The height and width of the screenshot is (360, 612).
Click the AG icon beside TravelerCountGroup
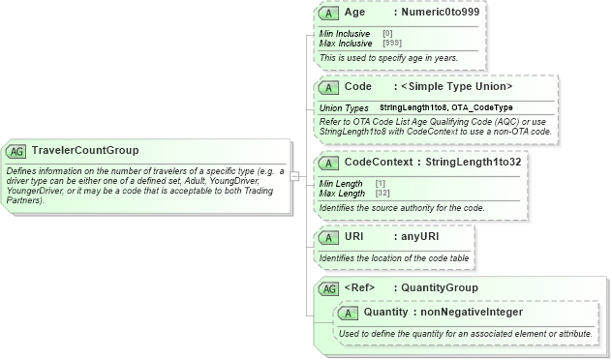pyautogui.click(x=16, y=151)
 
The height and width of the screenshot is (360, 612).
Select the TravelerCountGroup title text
pyautogui.click(x=85, y=151)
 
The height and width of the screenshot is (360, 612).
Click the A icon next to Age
pyautogui.click(x=328, y=13)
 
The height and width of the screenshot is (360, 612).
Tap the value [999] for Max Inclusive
pyautogui.click(x=392, y=43)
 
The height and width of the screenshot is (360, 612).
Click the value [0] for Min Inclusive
pyautogui.click(x=387, y=34)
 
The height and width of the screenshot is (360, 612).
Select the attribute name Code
pyautogui.click(x=358, y=86)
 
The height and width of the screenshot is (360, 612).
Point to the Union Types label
pyautogui.click(x=344, y=107)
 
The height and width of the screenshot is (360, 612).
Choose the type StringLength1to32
pyautogui.click(x=474, y=162)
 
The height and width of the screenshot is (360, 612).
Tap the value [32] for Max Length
pyautogui.click(x=382, y=194)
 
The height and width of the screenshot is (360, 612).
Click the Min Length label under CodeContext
pyautogui.click(x=341, y=184)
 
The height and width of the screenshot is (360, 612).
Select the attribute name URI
pyautogui.click(x=354, y=236)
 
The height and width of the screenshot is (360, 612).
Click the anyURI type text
pyautogui.click(x=423, y=236)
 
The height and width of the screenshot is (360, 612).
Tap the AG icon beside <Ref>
pyautogui.click(x=329, y=288)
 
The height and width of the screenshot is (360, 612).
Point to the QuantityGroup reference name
pyautogui.click(x=440, y=288)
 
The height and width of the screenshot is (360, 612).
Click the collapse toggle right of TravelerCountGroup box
pyautogui.click(x=294, y=176)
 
